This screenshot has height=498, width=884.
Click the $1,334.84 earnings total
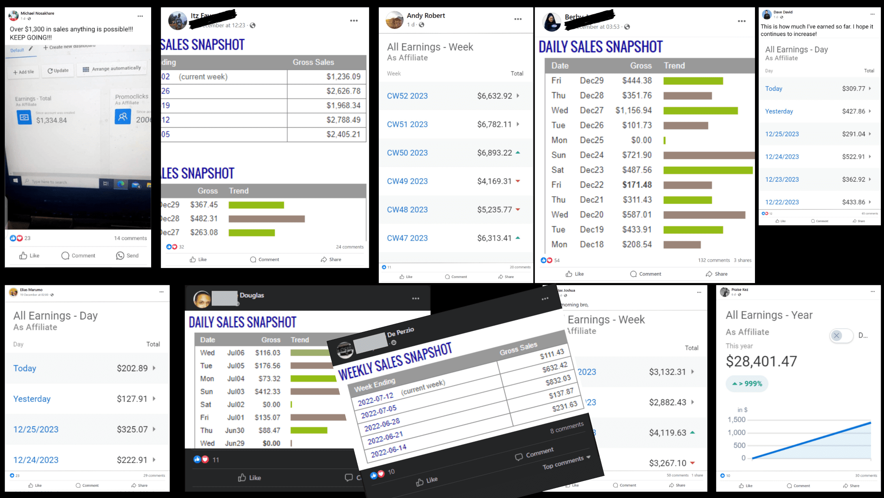[x=51, y=120]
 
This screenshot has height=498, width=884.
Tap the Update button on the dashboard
[x=58, y=71]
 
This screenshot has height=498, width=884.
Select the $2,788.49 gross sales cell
[x=343, y=120]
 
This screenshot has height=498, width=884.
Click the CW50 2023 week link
[x=407, y=153]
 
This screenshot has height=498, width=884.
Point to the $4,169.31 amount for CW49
[x=494, y=181]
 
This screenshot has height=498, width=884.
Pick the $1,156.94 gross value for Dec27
[x=633, y=110]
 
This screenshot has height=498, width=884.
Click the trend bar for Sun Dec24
[x=708, y=155]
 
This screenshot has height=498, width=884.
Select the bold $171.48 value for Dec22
[x=637, y=185]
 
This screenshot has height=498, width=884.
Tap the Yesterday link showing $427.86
[x=779, y=111]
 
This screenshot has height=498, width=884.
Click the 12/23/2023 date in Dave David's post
[x=782, y=179]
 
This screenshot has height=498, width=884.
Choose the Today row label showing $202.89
[x=25, y=368]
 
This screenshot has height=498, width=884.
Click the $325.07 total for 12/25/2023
[x=132, y=429]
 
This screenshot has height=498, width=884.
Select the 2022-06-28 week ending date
[x=382, y=425]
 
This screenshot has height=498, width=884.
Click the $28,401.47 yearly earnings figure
[x=761, y=361]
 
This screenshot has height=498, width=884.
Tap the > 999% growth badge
[x=747, y=383]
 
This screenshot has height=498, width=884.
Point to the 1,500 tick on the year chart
[x=736, y=419]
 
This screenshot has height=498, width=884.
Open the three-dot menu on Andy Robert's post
[x=518, y=19]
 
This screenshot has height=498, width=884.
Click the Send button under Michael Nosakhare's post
[x=127, y=255]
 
